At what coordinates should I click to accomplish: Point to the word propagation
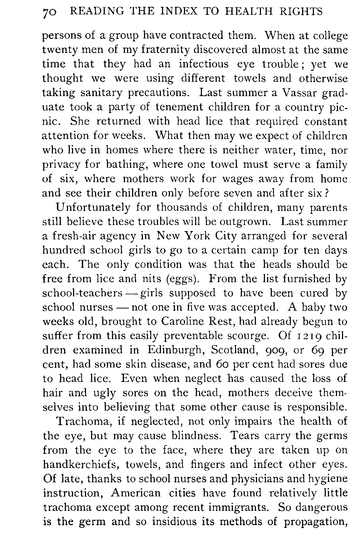315,522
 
